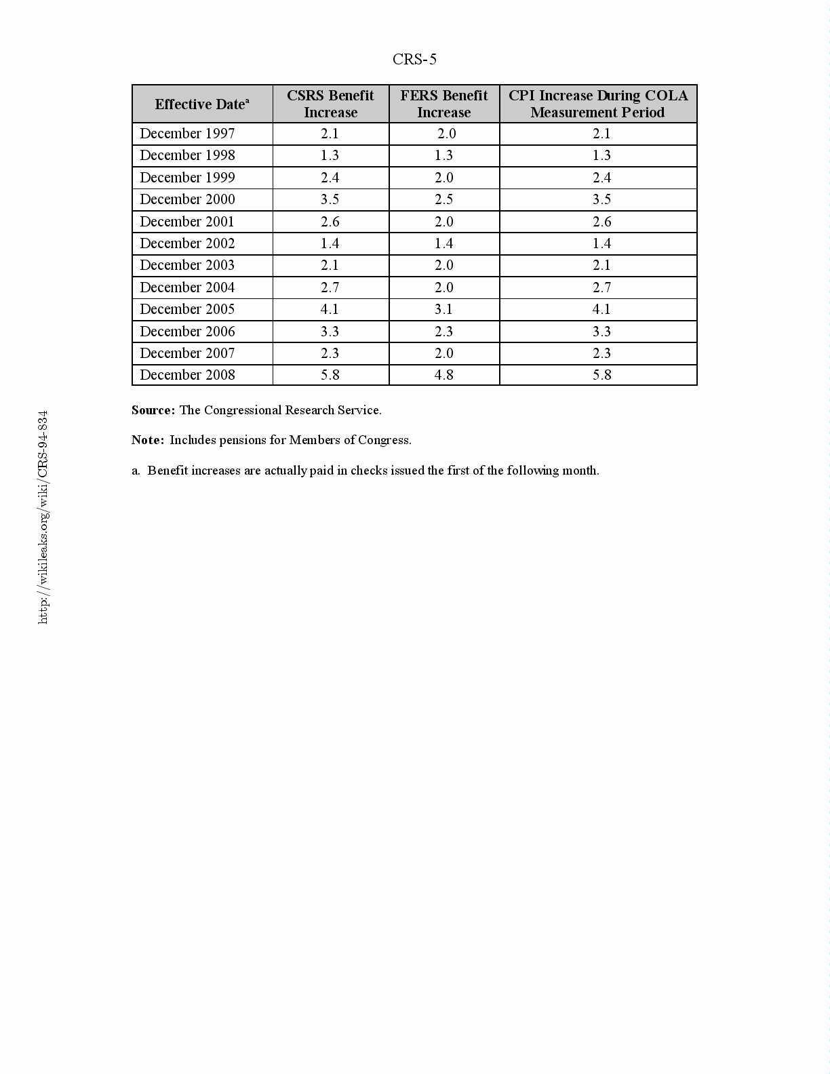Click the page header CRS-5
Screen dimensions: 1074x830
414,60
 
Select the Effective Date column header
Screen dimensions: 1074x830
201,104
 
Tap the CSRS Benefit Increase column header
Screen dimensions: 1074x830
330,104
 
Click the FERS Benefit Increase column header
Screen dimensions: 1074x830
443,104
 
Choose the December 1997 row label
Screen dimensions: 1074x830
187,134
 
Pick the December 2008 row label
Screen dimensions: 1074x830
187,375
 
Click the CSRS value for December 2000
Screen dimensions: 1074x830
330,199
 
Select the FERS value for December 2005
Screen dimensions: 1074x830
443,309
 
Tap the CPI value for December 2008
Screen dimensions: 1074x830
601,375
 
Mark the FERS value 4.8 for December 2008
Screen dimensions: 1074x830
443,375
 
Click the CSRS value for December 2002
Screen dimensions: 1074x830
330,243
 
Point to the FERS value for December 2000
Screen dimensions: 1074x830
443,199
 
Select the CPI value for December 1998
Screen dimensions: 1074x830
601,155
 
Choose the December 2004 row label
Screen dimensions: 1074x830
187,287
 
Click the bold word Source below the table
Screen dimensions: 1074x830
153,410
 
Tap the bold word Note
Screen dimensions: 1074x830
147,440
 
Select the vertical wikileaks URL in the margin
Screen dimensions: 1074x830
43,517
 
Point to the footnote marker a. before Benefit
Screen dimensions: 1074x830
136,471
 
